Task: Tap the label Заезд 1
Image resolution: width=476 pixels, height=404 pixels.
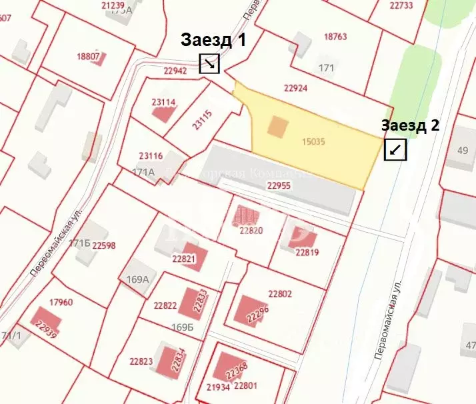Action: pos(213,39)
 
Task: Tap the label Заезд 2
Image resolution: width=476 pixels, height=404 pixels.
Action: pos(410,125)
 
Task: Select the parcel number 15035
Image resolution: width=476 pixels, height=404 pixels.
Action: pos(313,141)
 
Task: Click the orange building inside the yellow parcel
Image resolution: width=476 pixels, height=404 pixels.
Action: pos(279,126)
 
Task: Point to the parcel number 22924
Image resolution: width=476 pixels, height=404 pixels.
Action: pos(295,87)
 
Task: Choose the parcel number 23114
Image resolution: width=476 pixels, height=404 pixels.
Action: pos(163,102)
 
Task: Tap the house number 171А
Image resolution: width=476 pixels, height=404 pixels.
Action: pos(143,171)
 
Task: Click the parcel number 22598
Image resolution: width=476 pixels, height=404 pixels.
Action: pos(103,245)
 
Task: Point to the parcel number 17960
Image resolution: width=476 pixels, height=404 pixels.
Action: pos(61,302)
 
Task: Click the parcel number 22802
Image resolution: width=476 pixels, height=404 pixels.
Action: pos(280,293)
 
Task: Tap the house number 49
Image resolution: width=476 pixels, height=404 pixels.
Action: pos(463,150)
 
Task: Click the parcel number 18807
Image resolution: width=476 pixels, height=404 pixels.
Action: pos(88,57)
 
